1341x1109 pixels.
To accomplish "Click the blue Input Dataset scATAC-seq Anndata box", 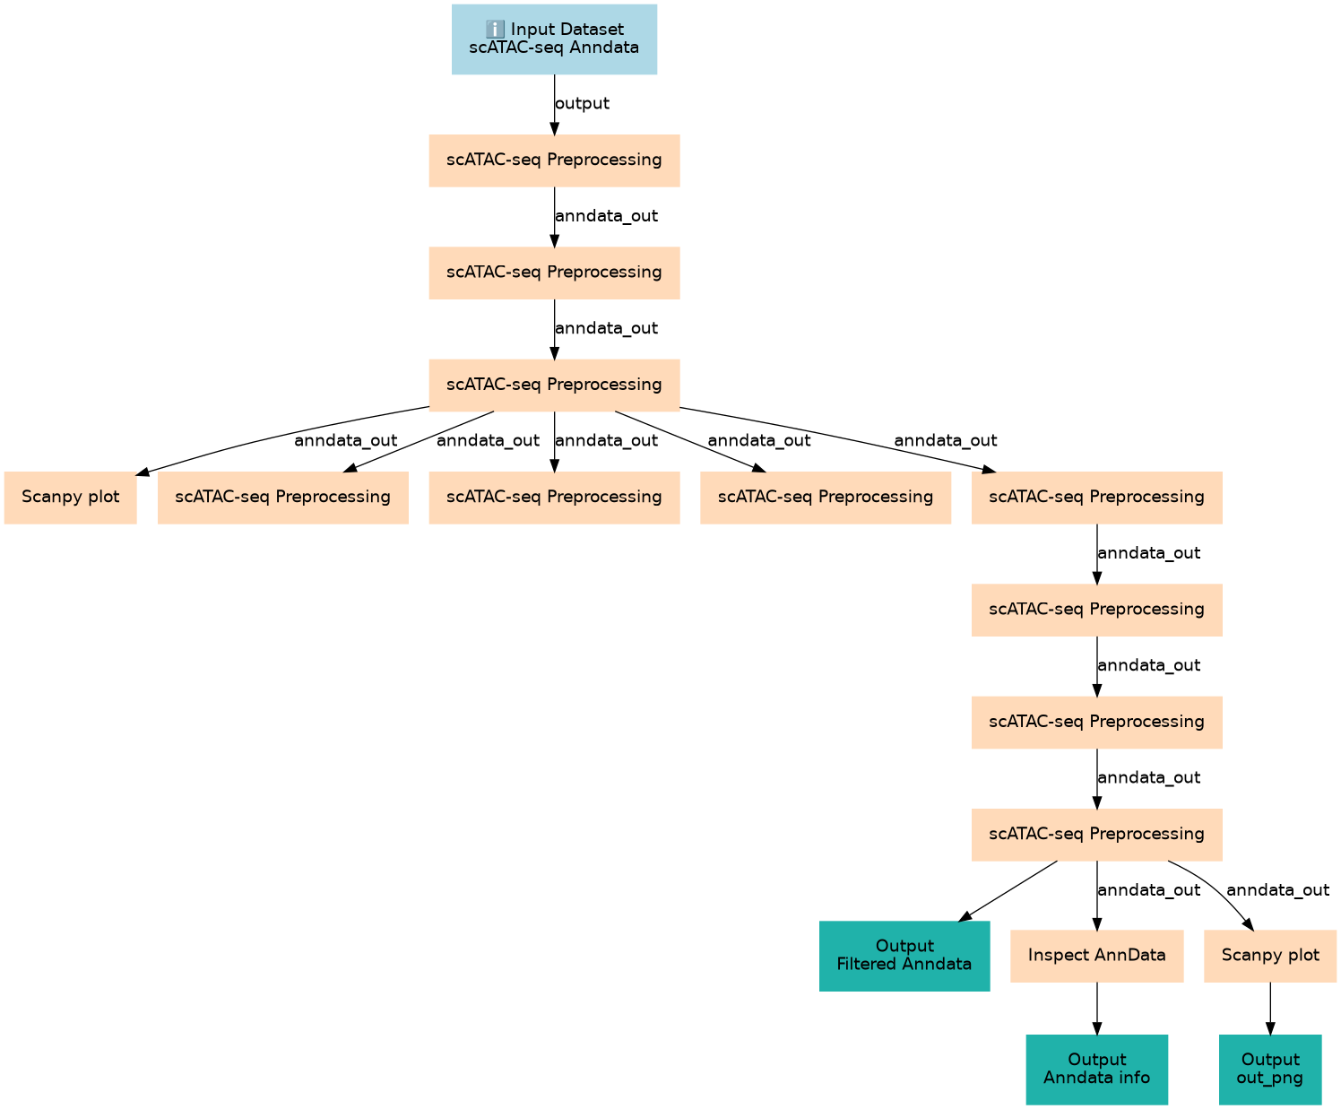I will coord(554,39).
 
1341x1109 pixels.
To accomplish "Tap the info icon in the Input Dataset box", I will coord(494,30).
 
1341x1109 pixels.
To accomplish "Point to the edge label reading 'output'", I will coord(582,103).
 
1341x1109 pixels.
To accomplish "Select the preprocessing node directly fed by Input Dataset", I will coord(554,160).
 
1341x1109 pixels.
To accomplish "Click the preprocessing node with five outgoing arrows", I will coord(554,385).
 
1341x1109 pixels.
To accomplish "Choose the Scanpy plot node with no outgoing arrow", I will coord(70,497).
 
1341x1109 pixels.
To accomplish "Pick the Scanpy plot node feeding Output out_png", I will coord(1269,956).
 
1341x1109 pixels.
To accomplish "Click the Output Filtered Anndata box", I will coord(904,956).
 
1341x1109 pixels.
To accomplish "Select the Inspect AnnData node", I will coord(1096,956).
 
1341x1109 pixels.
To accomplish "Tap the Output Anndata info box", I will coord(1096,1069).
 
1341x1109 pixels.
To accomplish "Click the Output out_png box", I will coord(1269,1069).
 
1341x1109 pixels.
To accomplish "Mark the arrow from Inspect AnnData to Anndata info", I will coord(1096,1009).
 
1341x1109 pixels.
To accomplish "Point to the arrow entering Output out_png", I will coord(1269,1009).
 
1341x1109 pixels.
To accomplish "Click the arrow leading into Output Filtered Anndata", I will coord(1008,891).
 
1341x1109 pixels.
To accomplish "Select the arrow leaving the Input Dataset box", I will coord(554,104).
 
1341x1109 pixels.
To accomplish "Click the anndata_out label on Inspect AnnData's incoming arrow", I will coord(1148,890).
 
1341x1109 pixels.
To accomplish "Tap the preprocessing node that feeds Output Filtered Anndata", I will coord(1096,835).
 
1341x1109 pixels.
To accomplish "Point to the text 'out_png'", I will coord(1269,1078).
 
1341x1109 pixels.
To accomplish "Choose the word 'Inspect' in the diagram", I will coord(1059,956).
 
